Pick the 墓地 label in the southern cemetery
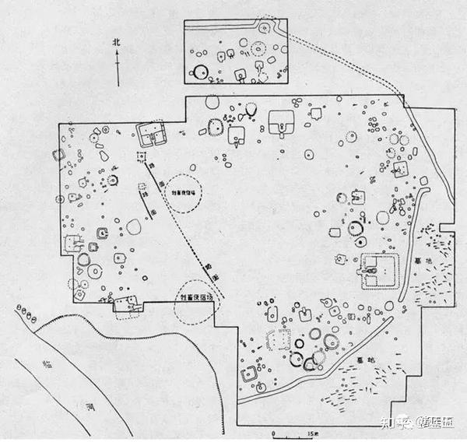[360, 360]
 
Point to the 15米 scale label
[311, 433]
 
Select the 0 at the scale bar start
[275, 433]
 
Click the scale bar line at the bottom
[292, 426]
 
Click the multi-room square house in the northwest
[150, 134]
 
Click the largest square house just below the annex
[280, 121]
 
